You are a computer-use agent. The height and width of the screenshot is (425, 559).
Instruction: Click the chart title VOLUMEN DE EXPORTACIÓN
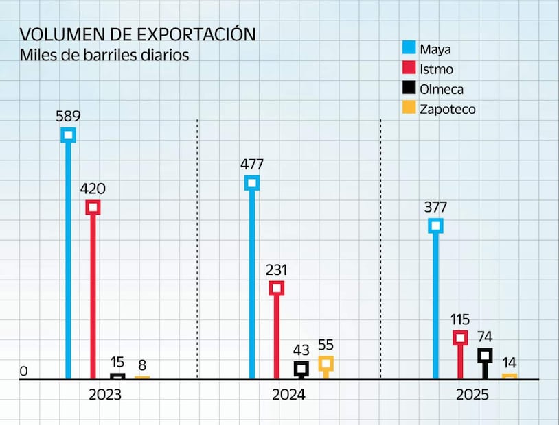[137, 34]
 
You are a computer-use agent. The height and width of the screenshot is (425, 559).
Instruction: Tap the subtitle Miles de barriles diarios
[104, 56]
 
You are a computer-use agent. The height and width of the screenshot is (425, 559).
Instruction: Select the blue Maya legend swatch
[409, 48]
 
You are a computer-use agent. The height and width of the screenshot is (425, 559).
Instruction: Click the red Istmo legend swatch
[409, 68]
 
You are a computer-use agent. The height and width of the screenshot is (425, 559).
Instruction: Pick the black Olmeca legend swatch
[409, 88]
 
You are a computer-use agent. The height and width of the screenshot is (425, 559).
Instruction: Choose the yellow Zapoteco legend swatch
[409, 108]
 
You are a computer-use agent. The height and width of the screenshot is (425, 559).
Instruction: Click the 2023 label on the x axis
[105, 395]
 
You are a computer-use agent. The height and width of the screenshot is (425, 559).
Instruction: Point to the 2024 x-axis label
[288, 395]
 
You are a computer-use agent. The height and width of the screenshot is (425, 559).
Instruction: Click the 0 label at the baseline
[23, 372]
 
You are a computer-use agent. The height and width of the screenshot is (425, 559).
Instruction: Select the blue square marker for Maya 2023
[68, 134]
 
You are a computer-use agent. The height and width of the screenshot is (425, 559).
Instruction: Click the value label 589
[68, 114]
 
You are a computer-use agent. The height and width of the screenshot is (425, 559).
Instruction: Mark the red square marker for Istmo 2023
[93, 207]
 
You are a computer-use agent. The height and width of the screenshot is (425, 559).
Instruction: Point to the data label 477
[252, 164]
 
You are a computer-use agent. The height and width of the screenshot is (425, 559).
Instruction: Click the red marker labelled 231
[276, 288]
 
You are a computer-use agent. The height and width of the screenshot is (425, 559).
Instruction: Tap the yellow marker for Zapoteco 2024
[326, 363]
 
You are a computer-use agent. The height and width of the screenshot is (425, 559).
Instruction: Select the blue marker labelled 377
[435, 226]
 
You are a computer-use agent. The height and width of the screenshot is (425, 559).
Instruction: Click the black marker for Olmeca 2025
[485, 355]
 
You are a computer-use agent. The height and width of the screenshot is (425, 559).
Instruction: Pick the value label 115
[460, 319]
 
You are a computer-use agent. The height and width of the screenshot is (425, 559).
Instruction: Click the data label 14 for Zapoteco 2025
[510, 363]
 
